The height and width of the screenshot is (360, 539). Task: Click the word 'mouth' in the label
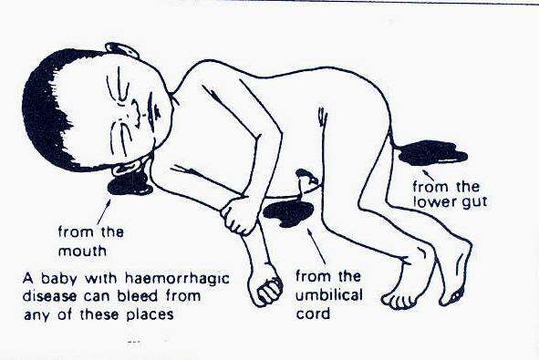pyautogui.click(x=82, y=252)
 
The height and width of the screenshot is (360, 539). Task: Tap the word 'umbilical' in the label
pyautogui.click(x=329, y=295)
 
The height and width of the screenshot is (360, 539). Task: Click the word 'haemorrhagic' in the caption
pyautogui.click(x=177, y=278)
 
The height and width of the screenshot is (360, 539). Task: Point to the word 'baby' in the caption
pyautogui.click(x=58, y=278)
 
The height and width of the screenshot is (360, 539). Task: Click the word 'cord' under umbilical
pyautogui.click(x=313, y=314)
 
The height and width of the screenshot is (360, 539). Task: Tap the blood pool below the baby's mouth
pyautogui.click(x=130, y=183)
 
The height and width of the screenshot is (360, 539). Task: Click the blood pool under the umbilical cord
pyautogui.click(x=288, y=213)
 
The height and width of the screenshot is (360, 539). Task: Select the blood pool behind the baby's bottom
pyautogui.click(x=432, y=153)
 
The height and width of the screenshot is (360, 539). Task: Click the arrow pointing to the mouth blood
pyautogui.click(x=105, y=212)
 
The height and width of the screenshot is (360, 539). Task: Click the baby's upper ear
pyautogui.click(x=121, y=50)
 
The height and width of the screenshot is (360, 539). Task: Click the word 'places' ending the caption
pyautogui.click(x=150, y=314)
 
